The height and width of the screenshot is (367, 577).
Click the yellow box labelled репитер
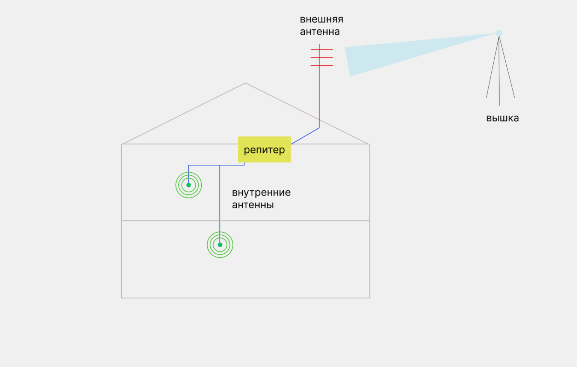coord(264,149)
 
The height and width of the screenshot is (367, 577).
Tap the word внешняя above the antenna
coord(321,20)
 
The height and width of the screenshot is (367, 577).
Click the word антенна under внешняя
coord(320,32)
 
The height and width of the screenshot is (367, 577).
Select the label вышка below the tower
coord(502,118)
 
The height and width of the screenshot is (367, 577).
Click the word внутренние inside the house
coord(261,193)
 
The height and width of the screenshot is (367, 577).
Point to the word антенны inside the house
coord(253,205)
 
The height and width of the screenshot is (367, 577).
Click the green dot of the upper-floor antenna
coord(189,185)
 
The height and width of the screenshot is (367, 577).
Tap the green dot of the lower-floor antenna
coord(220,245)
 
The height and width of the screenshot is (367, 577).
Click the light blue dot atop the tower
coord(499,33)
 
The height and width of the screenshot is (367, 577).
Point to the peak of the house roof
coord(245,83)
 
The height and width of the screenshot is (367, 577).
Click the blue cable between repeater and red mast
coord(305,136)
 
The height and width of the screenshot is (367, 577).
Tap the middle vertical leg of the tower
coord(499,75)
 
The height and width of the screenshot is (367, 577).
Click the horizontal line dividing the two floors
coord(301,221)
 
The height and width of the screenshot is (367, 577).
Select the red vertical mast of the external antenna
coord(319,98)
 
